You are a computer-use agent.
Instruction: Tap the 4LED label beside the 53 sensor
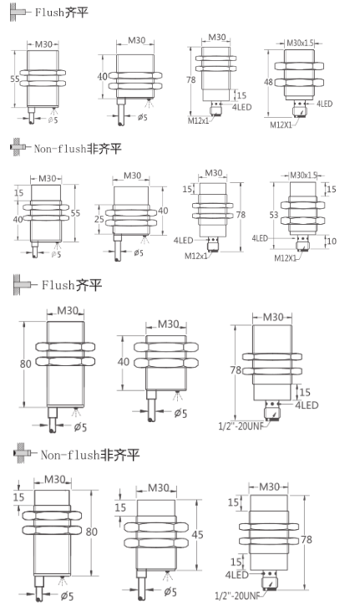pyautogui.click(x=262, y=238)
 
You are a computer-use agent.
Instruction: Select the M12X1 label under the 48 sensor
pyautogui.click(x=281, y=124)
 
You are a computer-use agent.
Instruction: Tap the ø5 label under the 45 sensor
pyautogui.click(x=170, y=592)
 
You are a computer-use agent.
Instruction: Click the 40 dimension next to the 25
pyautogui.click(x=163, y=211)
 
